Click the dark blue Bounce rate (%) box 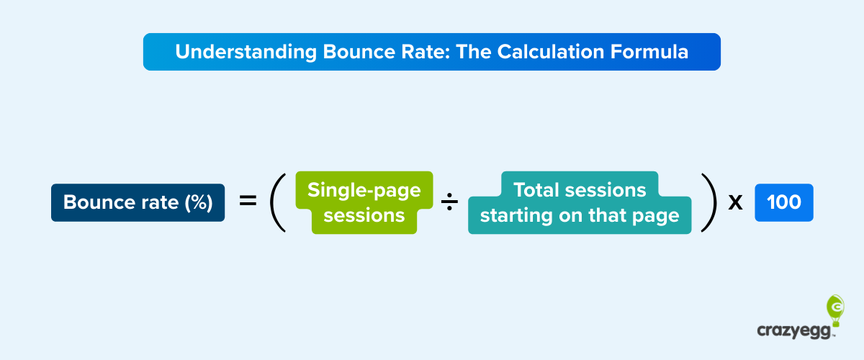pyautogui.click(x=138, y=203)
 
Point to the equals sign pyautogui.click(x=248, y=202)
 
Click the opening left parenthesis pyautogui.click(x=279, y=202)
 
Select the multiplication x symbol pyautogui.click(x=735, y=203)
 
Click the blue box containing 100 pyautogui.click(x=784, y=202)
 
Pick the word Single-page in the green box pyautogui.click(x=364, y=190)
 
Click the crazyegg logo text pyautogui.click(x=793, y=330)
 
